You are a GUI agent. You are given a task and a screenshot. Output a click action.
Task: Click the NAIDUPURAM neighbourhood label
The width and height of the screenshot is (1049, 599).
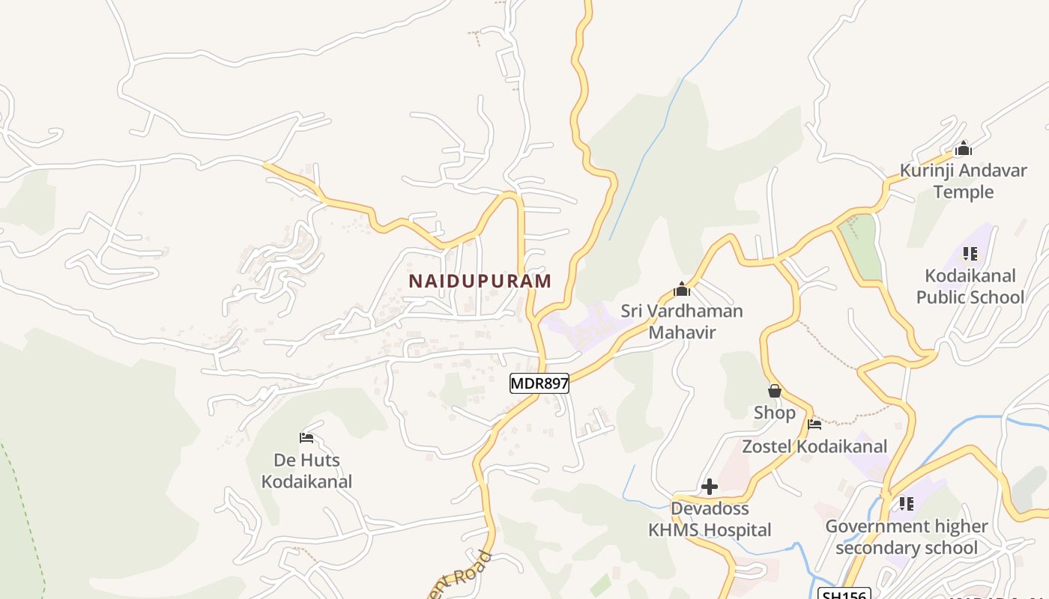tap(480, 282)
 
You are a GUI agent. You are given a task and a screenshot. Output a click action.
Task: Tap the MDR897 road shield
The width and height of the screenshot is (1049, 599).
tap(539, 383)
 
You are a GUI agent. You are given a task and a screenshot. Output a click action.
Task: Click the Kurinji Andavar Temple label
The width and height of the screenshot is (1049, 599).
tap(963, 181)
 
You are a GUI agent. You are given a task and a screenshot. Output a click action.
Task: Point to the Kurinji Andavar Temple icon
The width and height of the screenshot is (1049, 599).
tap(964, 149)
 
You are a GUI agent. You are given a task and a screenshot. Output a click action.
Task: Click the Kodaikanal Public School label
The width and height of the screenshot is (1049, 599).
tap(970, 287)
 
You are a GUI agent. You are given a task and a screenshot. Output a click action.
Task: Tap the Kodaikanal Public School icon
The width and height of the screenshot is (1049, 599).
tap(970, 254)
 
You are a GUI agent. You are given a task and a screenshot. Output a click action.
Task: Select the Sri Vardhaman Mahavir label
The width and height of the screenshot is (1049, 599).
tap(682, 321)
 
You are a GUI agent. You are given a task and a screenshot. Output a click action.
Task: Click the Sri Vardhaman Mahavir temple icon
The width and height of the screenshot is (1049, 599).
tap(682, 289)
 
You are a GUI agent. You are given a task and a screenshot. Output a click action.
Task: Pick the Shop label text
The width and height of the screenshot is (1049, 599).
tap(775, 413)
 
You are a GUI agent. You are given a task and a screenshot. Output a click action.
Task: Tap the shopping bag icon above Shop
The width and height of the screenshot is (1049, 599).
tap(775, 391)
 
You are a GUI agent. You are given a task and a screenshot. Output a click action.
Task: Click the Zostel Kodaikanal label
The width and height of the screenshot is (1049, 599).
tap(814, 446)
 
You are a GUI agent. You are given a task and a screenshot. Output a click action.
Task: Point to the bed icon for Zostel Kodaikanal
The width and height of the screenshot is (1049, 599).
tap(814, 425)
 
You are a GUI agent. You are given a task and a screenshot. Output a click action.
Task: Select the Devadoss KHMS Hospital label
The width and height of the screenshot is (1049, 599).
tap(710, 519)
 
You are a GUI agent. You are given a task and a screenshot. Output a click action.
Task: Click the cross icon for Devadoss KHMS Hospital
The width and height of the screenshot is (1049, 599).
tap(709, 487)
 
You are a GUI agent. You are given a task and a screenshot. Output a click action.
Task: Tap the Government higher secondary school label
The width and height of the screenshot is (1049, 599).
tap(907, 537)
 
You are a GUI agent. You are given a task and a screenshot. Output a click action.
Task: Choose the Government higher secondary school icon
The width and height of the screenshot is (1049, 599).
tap(907, 504)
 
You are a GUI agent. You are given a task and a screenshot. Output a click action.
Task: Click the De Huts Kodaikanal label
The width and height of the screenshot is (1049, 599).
tap(306, 470)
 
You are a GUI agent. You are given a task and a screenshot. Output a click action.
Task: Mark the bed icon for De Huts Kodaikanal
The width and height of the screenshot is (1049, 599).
tap(306, 438)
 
